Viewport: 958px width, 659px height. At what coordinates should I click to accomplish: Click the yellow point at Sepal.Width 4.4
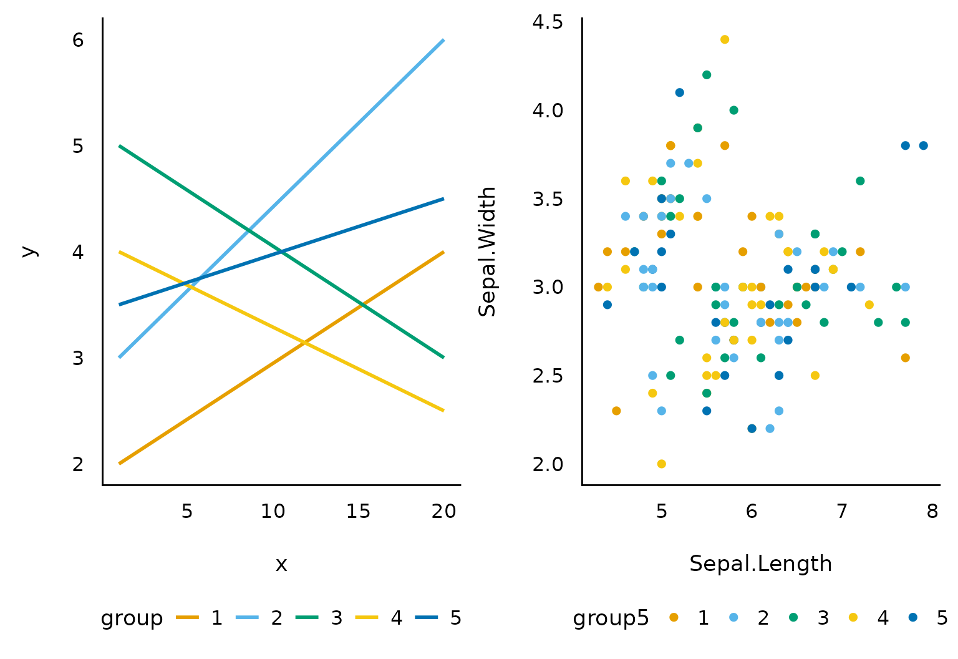click(725, 39)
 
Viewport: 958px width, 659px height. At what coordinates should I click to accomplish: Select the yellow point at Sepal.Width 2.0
click(662, 464)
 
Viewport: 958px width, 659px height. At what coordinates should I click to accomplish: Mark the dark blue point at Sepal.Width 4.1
click(680, 92)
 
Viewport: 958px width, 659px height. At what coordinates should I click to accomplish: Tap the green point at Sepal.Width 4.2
click(707, 75)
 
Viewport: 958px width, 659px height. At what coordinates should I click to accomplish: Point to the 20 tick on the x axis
click(444, 512)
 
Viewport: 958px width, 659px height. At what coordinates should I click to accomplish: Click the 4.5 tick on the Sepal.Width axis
click(548, 22)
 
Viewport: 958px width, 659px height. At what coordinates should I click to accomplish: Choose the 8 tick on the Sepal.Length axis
click(932, 512)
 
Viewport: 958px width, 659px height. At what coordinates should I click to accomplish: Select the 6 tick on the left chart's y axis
click(78, 40)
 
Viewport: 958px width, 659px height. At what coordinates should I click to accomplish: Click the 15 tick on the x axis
click(359, 512)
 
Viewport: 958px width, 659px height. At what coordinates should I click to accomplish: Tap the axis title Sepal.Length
click(761, 564)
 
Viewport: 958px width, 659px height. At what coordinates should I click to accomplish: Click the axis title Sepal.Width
click(488, 251)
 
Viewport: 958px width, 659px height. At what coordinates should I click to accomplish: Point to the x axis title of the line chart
click(281, 564)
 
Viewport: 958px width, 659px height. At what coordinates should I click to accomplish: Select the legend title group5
click(611, 618)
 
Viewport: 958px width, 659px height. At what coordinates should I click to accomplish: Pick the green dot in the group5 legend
click(793, 617)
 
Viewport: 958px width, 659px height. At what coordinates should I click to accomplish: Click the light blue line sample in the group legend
click(247, 617)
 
